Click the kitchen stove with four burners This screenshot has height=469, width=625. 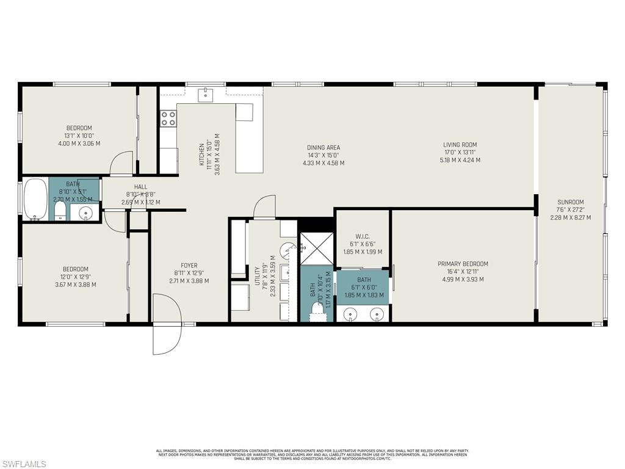168,118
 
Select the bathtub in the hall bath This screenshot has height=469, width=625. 35,199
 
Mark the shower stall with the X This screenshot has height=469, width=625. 316,249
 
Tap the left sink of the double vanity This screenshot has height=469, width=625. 351,314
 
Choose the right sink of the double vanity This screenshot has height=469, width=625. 379,314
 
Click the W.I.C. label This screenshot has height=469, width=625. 362,236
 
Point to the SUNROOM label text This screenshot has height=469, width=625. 570,202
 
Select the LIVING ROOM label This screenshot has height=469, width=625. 460,145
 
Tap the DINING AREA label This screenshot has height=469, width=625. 323,147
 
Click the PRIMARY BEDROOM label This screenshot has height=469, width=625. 463,264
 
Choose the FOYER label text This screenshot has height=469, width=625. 189,265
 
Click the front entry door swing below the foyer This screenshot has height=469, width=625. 166,324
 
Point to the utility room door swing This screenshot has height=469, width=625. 264,206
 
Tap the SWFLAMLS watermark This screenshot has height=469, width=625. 23,464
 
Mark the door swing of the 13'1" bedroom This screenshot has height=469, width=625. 121,163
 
